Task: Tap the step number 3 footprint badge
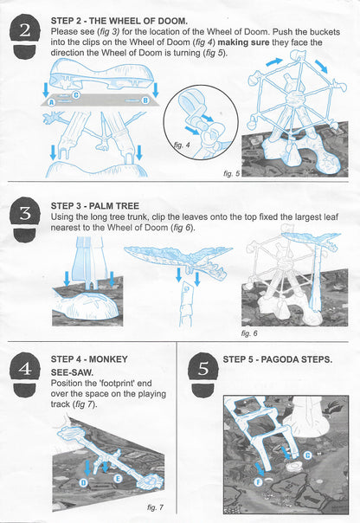25,218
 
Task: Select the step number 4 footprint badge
25,373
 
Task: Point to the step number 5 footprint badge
203,374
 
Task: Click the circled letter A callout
52,102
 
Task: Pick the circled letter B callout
145,100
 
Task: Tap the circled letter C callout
76,95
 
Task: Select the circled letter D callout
84,482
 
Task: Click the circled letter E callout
118,479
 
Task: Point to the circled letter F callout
259,481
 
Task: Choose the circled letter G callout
307,455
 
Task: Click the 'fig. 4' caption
182,145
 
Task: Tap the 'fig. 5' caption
231,173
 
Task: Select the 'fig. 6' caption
249,333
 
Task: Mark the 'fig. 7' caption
155,507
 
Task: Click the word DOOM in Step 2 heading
172,21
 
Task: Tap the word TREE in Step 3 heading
128,206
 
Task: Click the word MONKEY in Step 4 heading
108,359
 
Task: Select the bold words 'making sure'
243,42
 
